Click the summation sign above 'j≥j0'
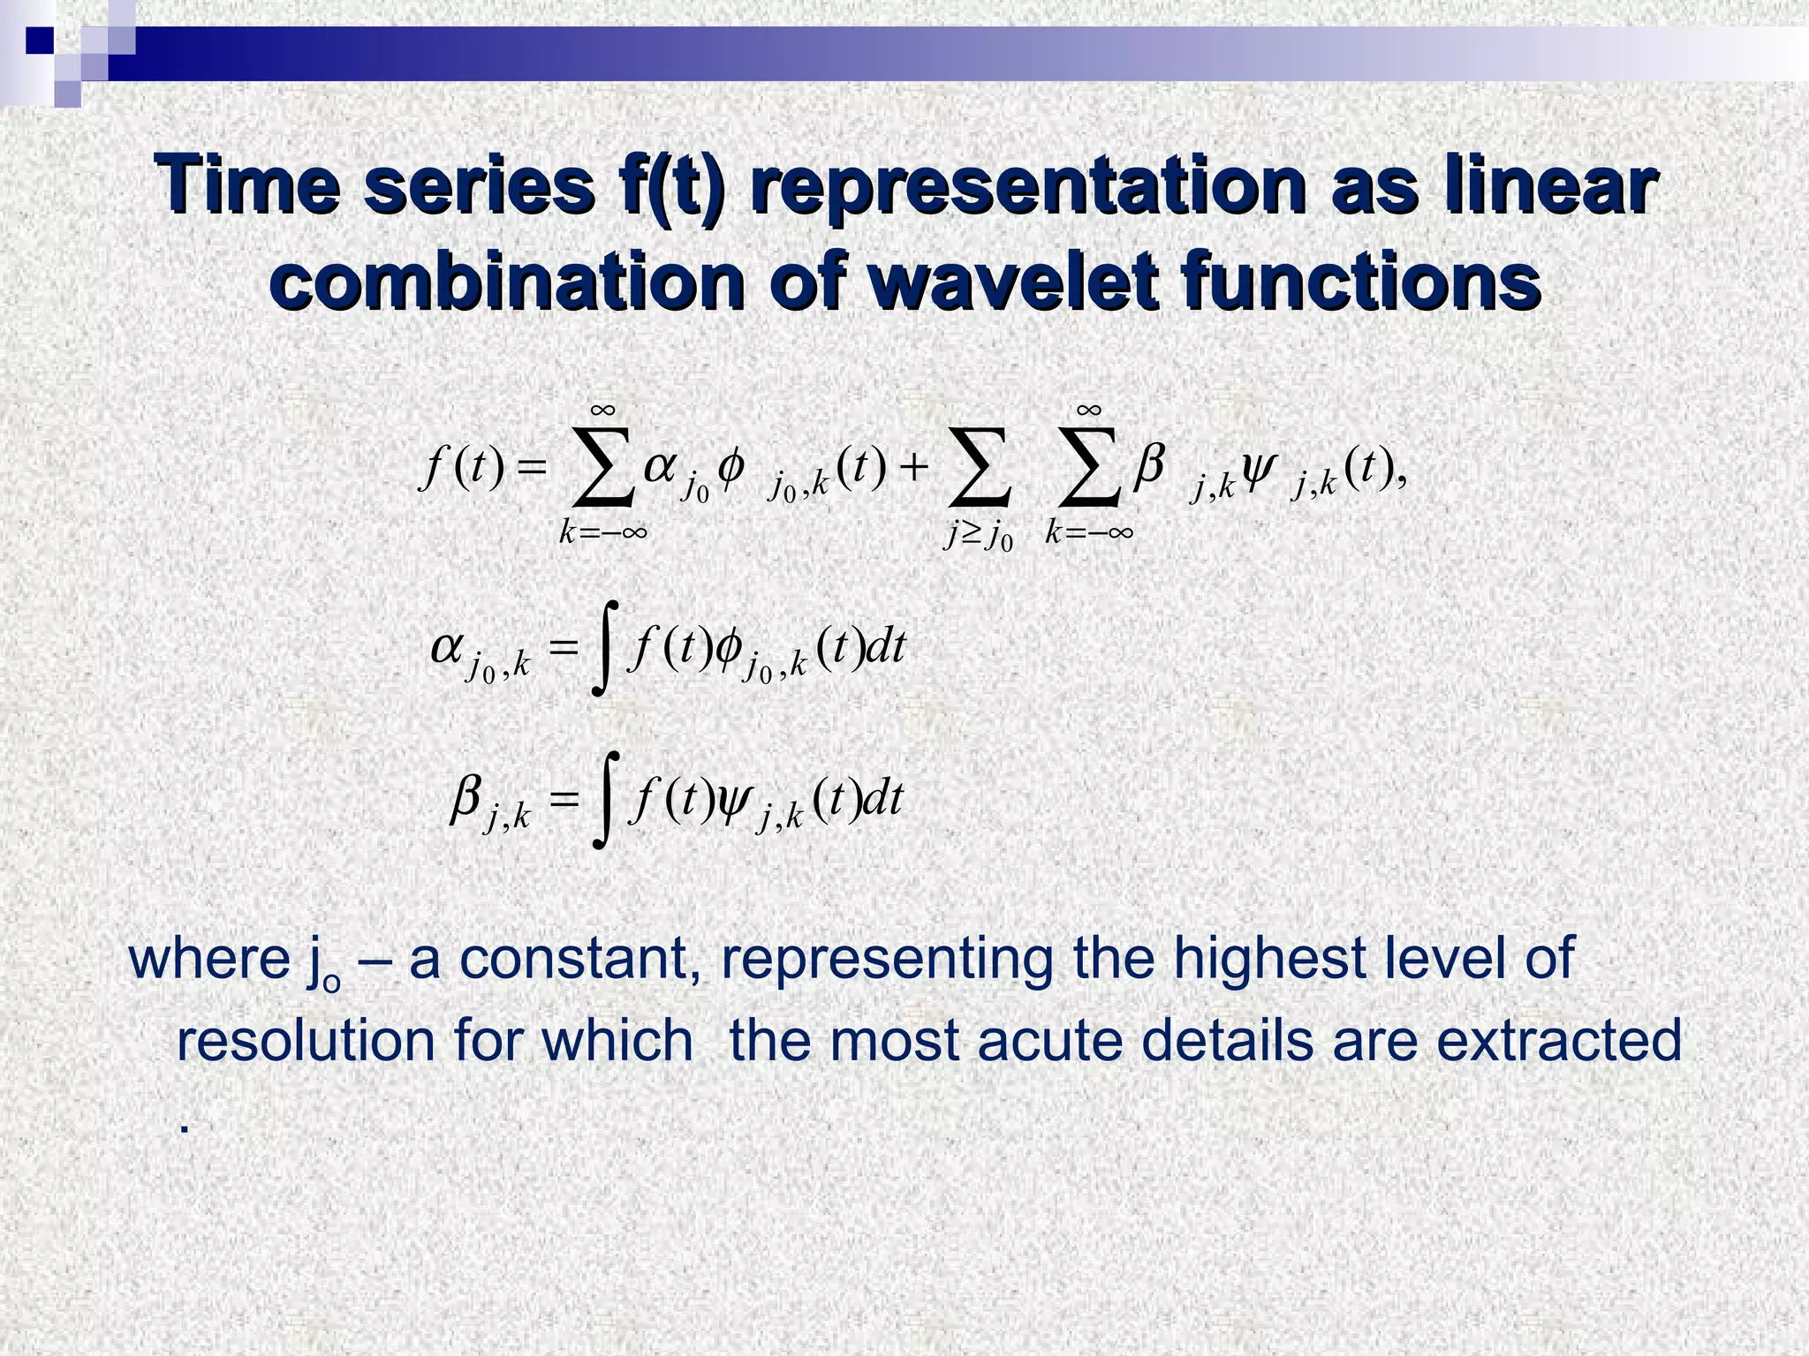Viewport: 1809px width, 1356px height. click(x=978, y=467)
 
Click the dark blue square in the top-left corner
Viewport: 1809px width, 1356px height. click(x=40, y=41)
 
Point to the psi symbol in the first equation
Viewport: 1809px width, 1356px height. click(x=1256, y=469)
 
